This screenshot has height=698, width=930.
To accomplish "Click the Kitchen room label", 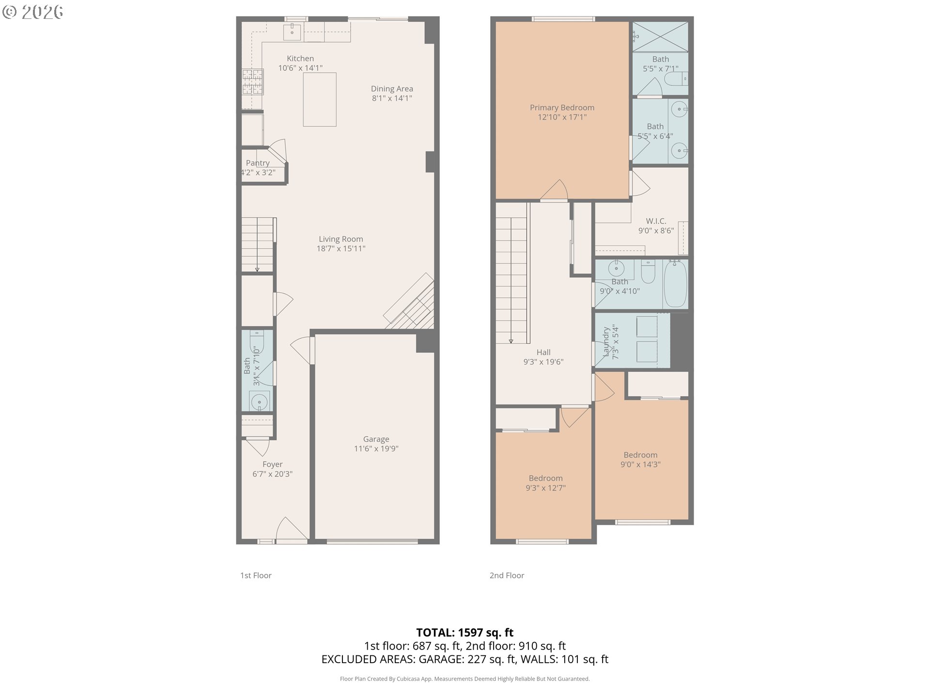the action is [x=300, y=59].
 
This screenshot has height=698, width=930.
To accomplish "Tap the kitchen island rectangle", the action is [x=320, y=99].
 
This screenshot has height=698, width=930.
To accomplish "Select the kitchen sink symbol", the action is [x=293, y=32].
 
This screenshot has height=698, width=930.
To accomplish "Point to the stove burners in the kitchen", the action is [x=253, y=82].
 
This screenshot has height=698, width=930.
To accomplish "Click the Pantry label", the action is [x=257, y=163].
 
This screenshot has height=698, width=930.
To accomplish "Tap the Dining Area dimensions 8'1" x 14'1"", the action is [x=392, y=98].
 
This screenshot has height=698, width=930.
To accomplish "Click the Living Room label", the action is [x=341, y=239].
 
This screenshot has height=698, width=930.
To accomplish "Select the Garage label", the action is [x=376, y=439].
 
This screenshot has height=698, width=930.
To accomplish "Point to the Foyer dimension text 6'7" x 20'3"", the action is [x=272, y=474].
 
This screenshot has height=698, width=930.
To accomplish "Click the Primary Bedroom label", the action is [x=562, y=108].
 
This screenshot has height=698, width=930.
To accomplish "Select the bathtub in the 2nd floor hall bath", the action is [x=675, y=284].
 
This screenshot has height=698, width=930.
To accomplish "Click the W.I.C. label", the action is [x=656, y=221].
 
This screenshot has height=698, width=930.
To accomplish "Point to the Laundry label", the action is [x=606, y=342].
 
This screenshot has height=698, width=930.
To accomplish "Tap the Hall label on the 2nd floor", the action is [x=543, y=352].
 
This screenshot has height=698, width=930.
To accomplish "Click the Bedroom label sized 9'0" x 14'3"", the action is [x=640, y=455].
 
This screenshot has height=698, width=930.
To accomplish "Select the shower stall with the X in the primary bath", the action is [x=660, y=36].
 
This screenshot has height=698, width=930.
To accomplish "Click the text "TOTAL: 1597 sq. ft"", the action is [x=465, y=633].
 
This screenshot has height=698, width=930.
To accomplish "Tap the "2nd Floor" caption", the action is [x=507, y=575].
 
